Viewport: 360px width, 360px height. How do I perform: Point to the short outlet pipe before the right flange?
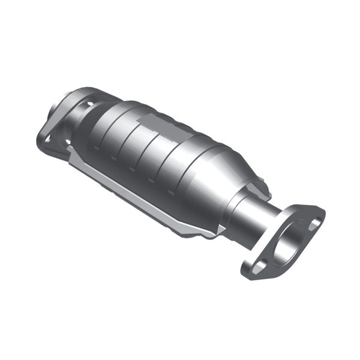(258, 219)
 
